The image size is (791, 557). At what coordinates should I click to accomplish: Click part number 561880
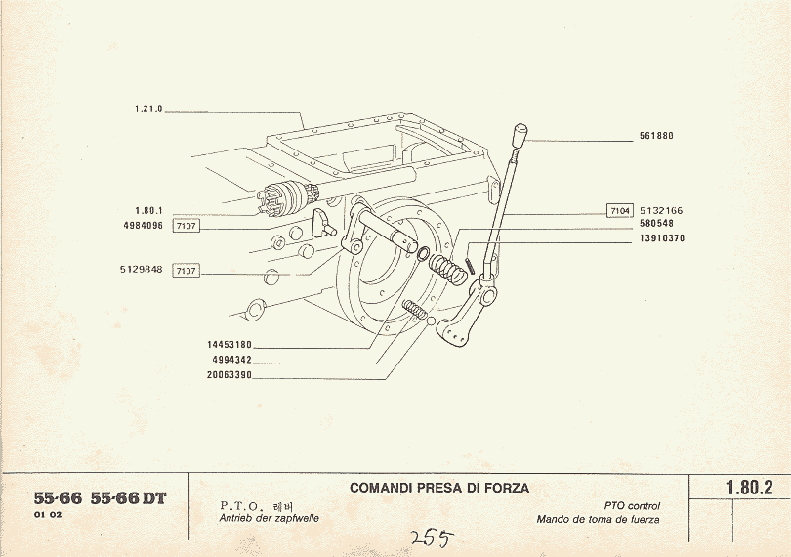coord(656,137)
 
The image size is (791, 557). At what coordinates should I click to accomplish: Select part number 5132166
coord(661,210)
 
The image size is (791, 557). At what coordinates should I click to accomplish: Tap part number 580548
coord(656,224)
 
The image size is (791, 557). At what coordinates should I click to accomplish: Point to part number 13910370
coord(661,237)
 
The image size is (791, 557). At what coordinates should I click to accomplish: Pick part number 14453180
coord(230,345)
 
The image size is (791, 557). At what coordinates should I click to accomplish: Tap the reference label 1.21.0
coord(148,109)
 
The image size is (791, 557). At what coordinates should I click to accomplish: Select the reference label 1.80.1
coord(148,210)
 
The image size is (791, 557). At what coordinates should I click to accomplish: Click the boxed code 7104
coord(620,210)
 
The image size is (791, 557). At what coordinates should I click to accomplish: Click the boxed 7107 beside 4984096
coord(186,226)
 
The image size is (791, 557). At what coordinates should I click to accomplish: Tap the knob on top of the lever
coord(520,132)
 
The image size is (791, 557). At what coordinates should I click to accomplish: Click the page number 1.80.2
coord(749,487)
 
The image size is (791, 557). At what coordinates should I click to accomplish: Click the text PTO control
coord(632,506)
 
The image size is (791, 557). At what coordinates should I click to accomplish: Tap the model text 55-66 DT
coord(128,498)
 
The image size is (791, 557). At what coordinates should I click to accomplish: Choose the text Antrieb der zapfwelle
coord(269,518)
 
